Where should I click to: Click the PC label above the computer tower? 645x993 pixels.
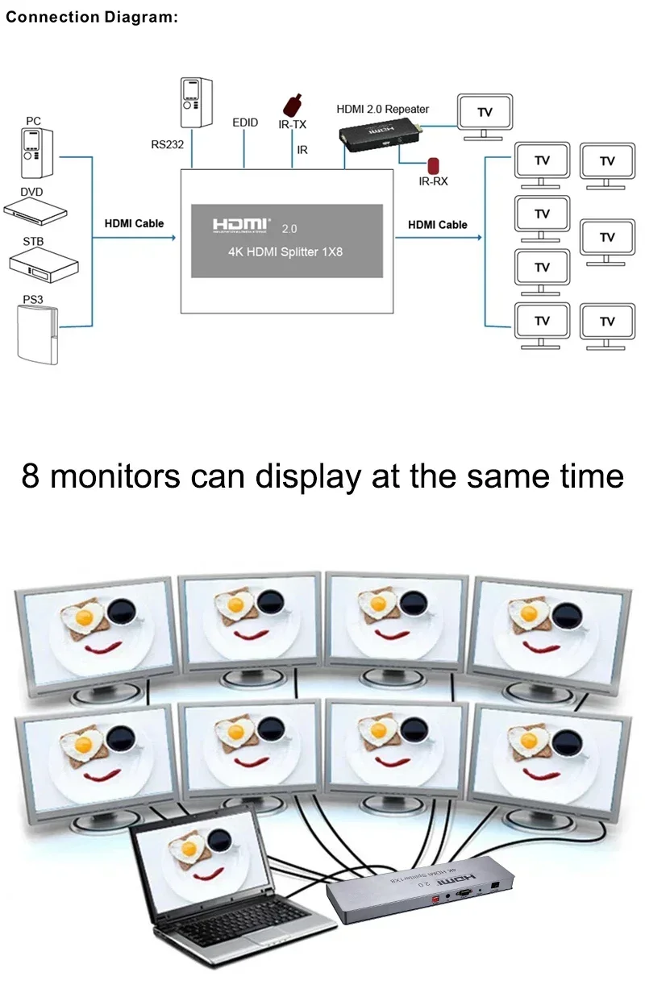[33, 121]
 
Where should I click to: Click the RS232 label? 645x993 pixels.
[168, 145]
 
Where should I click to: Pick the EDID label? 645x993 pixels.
[245, 123]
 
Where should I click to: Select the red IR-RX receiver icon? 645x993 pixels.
[434, 165]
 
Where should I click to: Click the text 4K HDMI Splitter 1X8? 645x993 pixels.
[286, 251]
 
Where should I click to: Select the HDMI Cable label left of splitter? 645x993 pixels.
[134, 223]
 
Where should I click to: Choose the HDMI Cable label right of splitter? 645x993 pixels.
[437, 224]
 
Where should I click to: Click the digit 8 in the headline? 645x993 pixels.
[31, 476]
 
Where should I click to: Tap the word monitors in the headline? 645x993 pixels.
[114, 476]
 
